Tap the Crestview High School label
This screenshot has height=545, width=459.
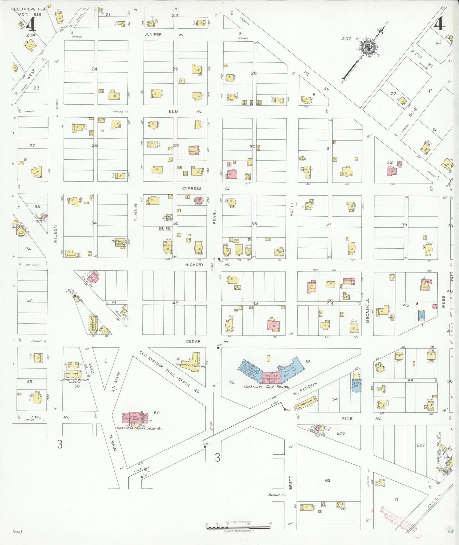[x=267, y=387]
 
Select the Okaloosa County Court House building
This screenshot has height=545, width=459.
[x=135, y=419]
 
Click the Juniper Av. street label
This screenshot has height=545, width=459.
[x=153, y=34]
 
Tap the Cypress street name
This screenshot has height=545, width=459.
[x=192, y=189]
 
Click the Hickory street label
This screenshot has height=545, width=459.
[x=194, y=265]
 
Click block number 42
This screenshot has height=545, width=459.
[x=175, y=303]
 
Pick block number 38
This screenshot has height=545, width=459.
[x=404, y=225]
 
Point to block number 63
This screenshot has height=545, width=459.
[x=327, y=480]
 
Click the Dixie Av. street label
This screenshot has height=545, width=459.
[x=413, y=112]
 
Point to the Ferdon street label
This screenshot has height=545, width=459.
[x=309, y=389]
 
